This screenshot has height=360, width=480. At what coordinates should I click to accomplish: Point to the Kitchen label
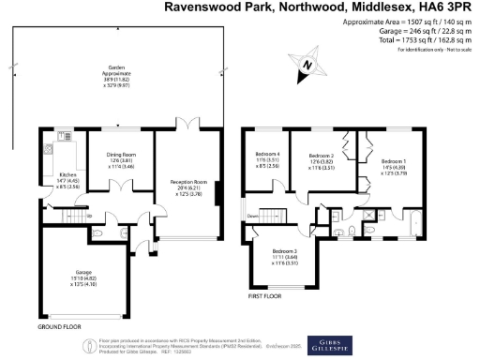point(67,174)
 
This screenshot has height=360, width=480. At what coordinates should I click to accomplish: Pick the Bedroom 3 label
point(285,251)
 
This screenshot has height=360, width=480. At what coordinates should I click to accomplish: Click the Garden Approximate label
point(117,71)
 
